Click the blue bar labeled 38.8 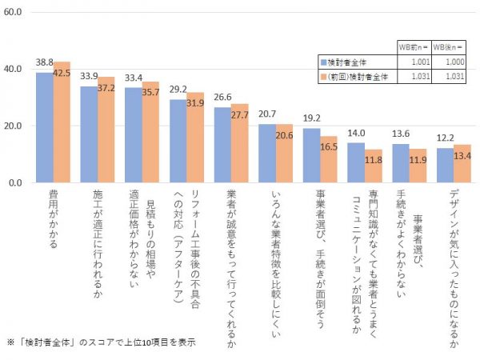[x=44, y=127]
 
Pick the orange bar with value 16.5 [x=330, y=159]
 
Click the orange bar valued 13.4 [x=463, y=163]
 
